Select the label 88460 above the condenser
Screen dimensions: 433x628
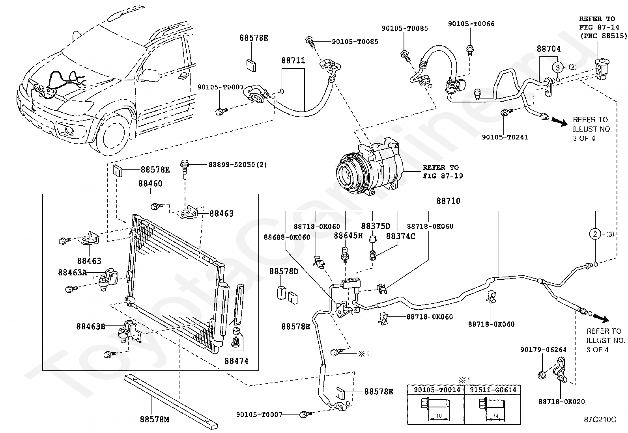(x=150, y=184)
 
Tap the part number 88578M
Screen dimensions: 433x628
(x=154, y=420)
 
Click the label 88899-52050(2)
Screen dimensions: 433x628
(x=237, y=165)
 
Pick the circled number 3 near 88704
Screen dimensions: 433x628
(x=558, y=67)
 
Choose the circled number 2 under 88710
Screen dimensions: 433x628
(x=595, y=234)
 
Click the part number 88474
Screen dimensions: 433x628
(x=237, y=361)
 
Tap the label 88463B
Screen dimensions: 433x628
(x=91, y=326)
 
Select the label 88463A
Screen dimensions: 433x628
(x=73, y=272)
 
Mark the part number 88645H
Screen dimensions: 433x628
(x=348, y=236)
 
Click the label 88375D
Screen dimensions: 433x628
(x=376, y=226)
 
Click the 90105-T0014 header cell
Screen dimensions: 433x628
(x=436, y=390)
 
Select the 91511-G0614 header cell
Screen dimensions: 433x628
(x=492, y=390)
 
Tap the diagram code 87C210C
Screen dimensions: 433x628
(x=600, y=419)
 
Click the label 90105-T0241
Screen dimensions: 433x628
(x=505, y=137)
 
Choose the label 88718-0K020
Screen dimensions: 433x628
(x=561, y=401)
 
